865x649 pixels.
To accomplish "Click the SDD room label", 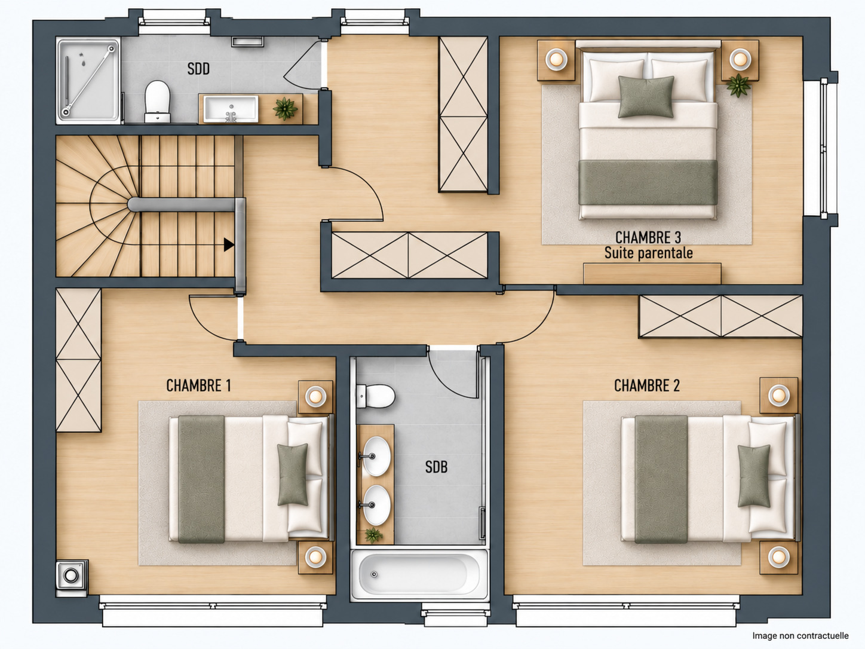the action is pos(198,69).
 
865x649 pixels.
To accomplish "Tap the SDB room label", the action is pos(436,467).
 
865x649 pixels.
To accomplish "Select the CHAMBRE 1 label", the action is pos(198,385).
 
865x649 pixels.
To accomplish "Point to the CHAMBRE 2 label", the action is pos(647,385).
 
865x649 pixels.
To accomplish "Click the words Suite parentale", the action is pos(649,253).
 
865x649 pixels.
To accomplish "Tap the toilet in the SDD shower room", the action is pos(158,101).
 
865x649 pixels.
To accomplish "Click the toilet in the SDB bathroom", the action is pos(376,396).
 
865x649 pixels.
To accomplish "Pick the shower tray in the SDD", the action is pos(88,81).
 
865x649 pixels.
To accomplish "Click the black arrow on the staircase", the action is pos(229,244).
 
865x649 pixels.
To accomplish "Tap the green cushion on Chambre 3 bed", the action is pos(646,97).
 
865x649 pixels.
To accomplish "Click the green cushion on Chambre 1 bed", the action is pos(292,474).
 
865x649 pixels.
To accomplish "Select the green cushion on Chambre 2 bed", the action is pos(753,476).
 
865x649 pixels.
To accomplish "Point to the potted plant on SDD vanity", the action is pos(286,108).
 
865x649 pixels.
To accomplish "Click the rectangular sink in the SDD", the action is pos(231,109).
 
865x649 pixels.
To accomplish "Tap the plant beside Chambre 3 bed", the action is pos(738,85).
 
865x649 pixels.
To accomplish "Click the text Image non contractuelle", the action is pos(800,636).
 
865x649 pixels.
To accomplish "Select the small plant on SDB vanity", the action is pos(373,535).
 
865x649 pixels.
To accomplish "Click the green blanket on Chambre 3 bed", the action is pos(648,182).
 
